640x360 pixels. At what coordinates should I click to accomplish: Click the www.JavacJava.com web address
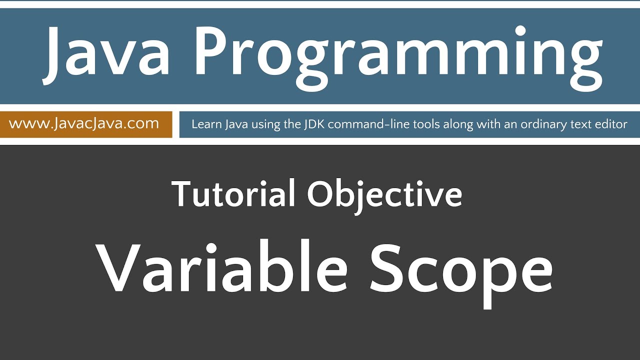pos(84,123)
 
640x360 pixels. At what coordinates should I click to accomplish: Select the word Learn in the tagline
pos(205,124)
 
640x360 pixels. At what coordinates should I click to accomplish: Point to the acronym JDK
pos(314,124)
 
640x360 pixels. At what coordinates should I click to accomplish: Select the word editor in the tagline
pos(611,124)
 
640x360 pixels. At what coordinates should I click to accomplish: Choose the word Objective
pos(384,195)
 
